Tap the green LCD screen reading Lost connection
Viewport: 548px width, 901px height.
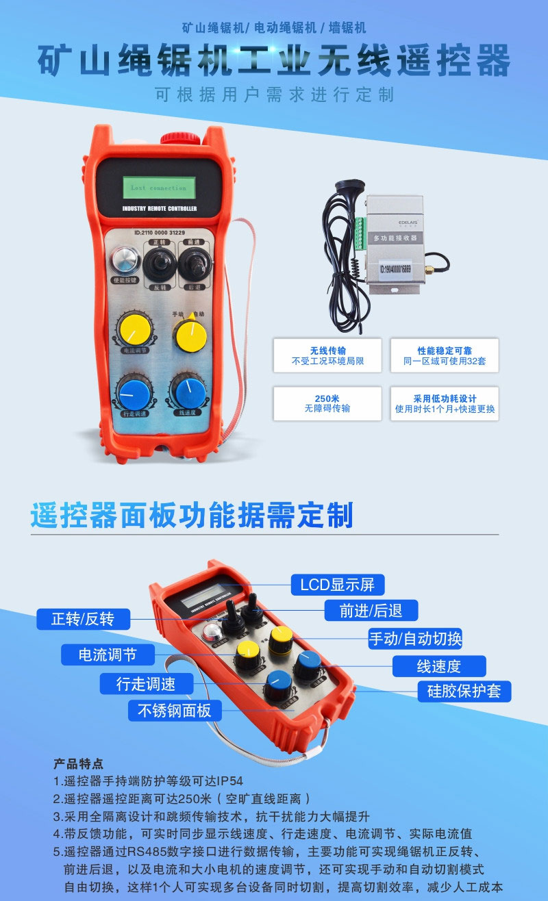coord(159,187)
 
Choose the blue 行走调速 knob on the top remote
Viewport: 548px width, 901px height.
coord(134,391)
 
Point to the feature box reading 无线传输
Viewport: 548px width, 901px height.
coord(327,355)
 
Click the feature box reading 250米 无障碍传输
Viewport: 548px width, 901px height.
coord(327,403)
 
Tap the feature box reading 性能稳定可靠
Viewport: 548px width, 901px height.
coord(445,355)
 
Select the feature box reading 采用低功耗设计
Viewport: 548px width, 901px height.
coord(445,403)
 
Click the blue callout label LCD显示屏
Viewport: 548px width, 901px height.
coord(338,585)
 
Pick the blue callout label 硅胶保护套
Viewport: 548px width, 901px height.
coord(464,691)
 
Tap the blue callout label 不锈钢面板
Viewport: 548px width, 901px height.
coord(175,711)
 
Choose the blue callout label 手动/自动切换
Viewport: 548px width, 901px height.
coord(415,638)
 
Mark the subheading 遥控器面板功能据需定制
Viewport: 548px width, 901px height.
coord(192,515)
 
